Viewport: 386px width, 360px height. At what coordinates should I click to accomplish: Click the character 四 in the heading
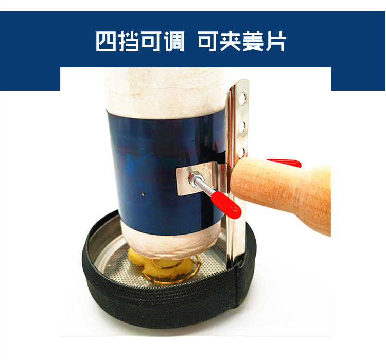[106, 42]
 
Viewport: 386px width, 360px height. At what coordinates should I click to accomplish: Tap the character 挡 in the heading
[129, 42]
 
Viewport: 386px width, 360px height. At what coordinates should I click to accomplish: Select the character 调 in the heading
[174, 42]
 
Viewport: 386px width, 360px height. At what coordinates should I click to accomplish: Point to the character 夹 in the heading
[230, 42]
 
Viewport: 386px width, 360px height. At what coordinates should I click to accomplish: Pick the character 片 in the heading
[275, 42]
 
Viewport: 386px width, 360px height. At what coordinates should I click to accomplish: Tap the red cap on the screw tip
[226, 205]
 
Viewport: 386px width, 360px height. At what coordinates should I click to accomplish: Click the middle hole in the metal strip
[242, 126]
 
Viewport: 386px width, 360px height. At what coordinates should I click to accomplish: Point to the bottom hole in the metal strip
[242, 153]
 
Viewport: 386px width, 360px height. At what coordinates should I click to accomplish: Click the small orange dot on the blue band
[143, 194]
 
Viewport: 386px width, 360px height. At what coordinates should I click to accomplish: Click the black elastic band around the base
[163, 305]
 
